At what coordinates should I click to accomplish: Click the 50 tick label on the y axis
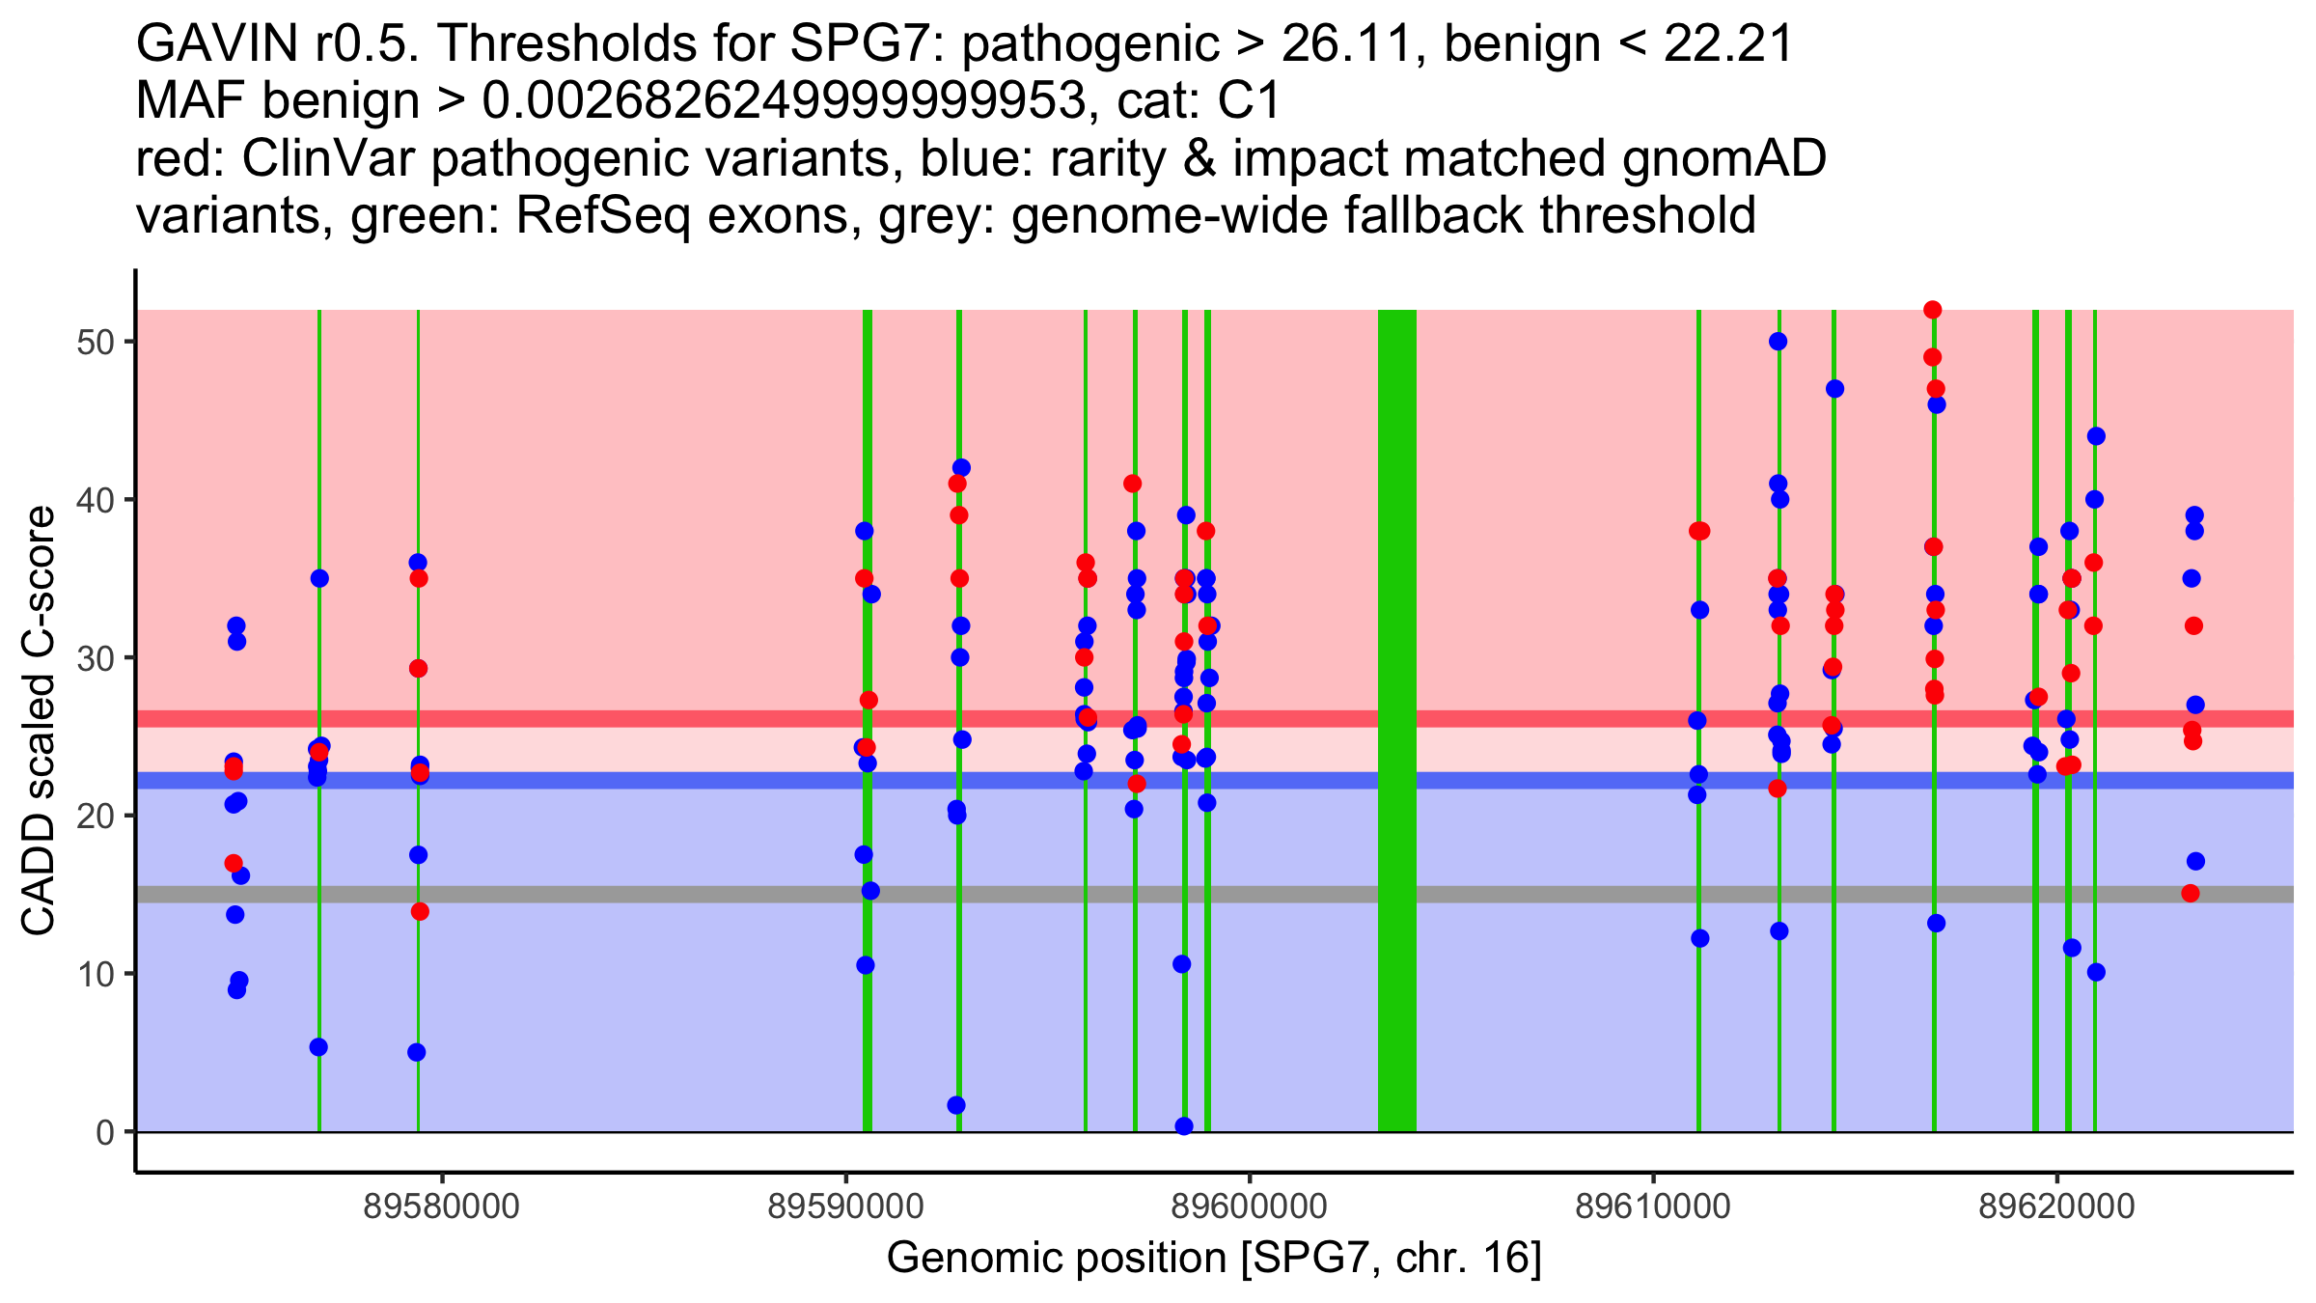[x=95, y=343]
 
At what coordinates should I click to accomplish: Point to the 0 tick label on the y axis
[x=104, y=1132]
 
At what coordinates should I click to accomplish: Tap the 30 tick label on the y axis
[x=95, y=658]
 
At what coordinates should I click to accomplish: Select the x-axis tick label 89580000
[x=442, y=1206]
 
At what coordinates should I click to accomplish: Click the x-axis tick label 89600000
[x=1250, y=1206]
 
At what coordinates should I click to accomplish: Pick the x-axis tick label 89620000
[x=2056, y=1206]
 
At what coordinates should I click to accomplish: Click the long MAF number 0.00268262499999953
[x=785, y=101]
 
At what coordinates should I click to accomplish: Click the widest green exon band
[x=1396, y=720]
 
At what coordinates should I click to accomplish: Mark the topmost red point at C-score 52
[x=1932, y=310]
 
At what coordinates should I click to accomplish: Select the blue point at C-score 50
[x=1778, y=342]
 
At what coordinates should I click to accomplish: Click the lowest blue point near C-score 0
[x=1184, y=1126]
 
